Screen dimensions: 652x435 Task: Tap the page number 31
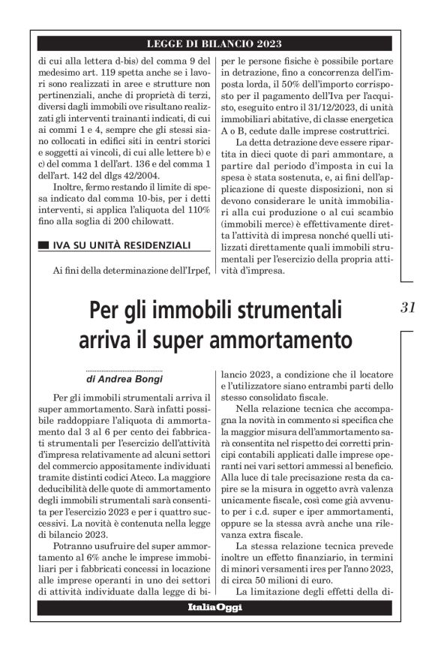click(408, 307)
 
